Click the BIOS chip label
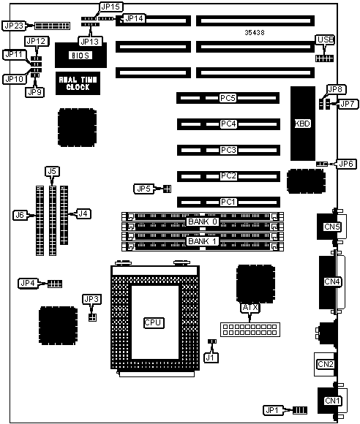(80, 56)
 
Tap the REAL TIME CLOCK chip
(78, 83)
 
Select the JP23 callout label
(14, 26)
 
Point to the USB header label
(326, 39)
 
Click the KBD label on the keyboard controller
(302, 124)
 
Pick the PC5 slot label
(228, 98)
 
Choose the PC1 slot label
(228, 202)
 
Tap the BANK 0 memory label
(203, 222)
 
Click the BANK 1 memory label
(203, 241)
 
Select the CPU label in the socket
(153, 322)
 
